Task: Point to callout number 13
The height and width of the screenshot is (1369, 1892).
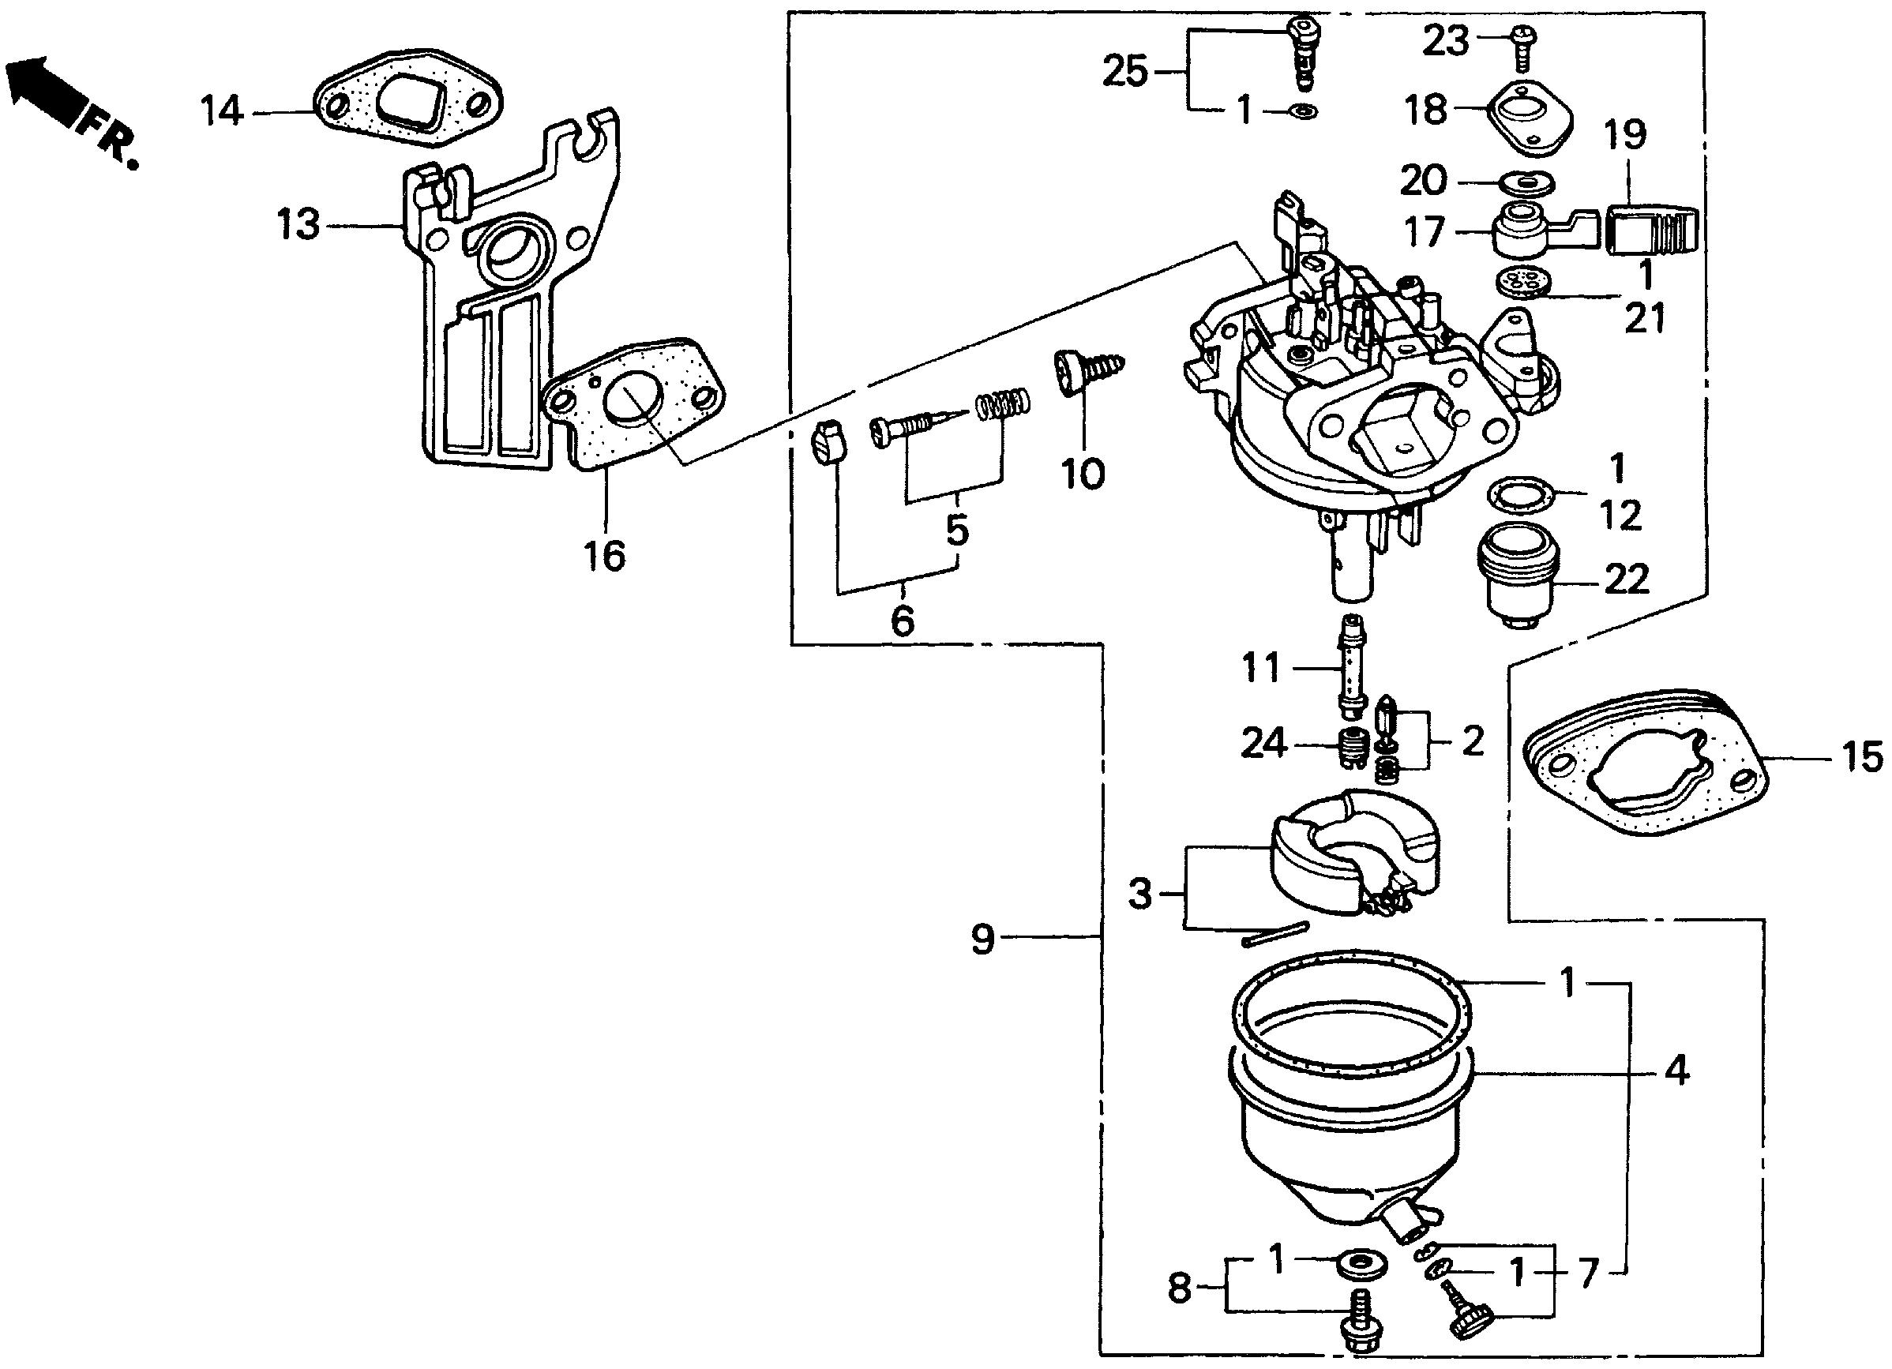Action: point(298,226)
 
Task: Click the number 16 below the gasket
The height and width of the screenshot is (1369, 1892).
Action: point(605,556)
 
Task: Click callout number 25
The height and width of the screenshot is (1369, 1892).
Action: point(1125,73)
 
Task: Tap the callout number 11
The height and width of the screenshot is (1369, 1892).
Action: point(1260,669)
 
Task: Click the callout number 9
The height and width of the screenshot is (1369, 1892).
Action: point(984,940)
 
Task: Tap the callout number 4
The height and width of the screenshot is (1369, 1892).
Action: point(1676,1071)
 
